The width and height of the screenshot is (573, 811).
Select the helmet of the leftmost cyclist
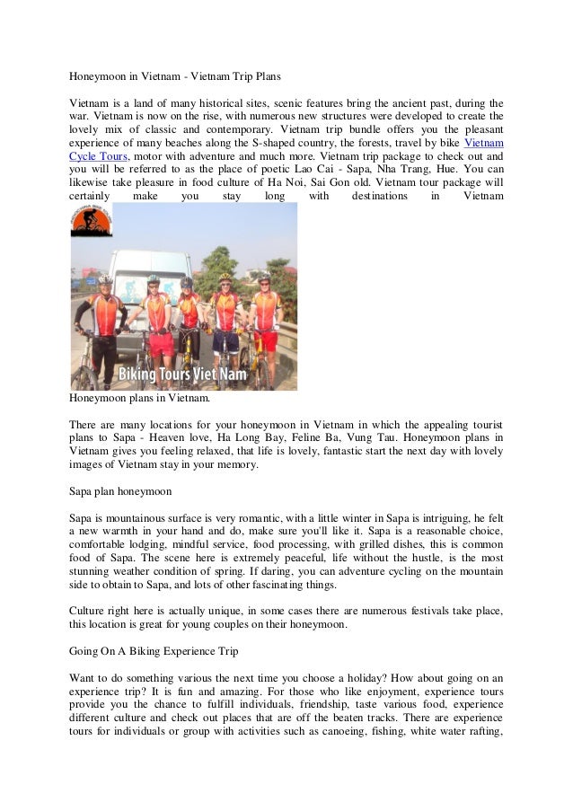[x=105, y=279]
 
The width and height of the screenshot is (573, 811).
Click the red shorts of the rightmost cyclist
[x=265, y=340]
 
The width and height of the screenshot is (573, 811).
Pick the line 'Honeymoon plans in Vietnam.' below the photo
[x=139, y=398]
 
